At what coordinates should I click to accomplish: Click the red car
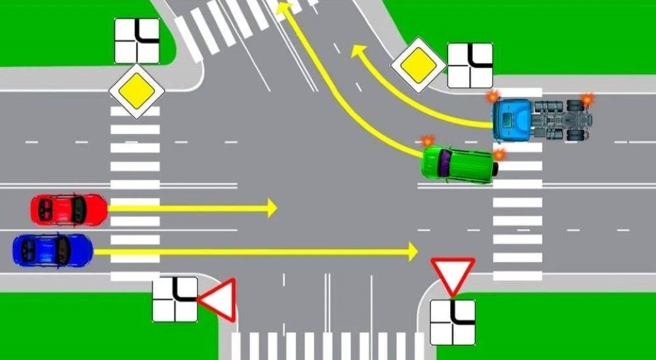coord(68,209)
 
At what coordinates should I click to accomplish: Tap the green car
coord(459,163)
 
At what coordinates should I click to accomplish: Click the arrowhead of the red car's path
coord(272,209)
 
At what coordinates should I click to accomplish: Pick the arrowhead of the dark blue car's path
coord(413,250)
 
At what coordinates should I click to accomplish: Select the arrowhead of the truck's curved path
coord(358,51)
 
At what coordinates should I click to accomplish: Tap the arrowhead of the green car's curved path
coord(283,8)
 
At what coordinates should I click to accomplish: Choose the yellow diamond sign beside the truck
coord(418,64)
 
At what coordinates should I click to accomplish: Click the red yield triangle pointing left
coord(219,300)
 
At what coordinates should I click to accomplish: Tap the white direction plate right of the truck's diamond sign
coord(470,65)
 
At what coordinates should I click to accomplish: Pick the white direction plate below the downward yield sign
coord(453,322)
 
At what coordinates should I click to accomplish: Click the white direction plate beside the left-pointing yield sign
coord(174,299)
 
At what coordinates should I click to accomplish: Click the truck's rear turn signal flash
coord(586,99)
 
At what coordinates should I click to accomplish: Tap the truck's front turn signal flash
coord(492,96)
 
